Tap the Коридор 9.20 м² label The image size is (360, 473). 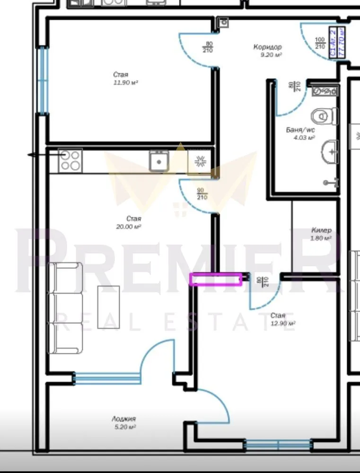click(x=267, y=51)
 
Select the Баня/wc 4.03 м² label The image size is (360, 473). click(x=300, y=133)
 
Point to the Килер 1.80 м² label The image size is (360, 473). click(x=321, y=234)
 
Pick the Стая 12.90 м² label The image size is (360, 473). click(x=283, y=319)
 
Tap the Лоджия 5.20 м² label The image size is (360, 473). click(x=124, y=422)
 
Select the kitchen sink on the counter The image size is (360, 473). click(x=159, y=161)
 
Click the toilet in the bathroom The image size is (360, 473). click(x=325, y=115)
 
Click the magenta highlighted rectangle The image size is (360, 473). click(x=216, y=279)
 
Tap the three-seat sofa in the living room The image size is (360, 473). click(x=67, y=308)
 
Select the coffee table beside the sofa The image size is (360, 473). click(x=108, y=307)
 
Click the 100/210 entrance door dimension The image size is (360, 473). click(x=320, y=43)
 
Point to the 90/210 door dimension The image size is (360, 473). click(x=202, y=193)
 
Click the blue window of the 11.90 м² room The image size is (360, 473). click(x=43, y=80)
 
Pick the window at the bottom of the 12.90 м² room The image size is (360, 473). click(x=278, y=445)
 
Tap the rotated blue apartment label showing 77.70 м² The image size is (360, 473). click(x=337, y=42)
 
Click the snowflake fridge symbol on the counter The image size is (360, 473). click(x=199, y=162)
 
